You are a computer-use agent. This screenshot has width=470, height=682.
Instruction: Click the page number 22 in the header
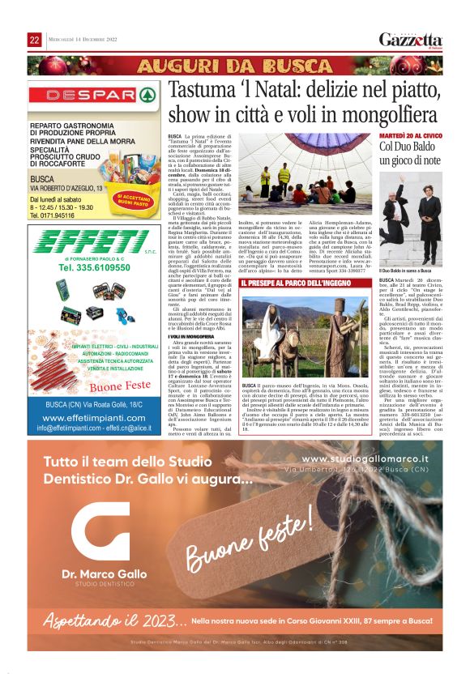[x=34, y=40]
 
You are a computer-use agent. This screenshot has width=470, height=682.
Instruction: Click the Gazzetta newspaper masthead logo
[x=411, y=40]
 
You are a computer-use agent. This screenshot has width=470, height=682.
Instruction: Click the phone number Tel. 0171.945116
[x=58, y=215]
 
